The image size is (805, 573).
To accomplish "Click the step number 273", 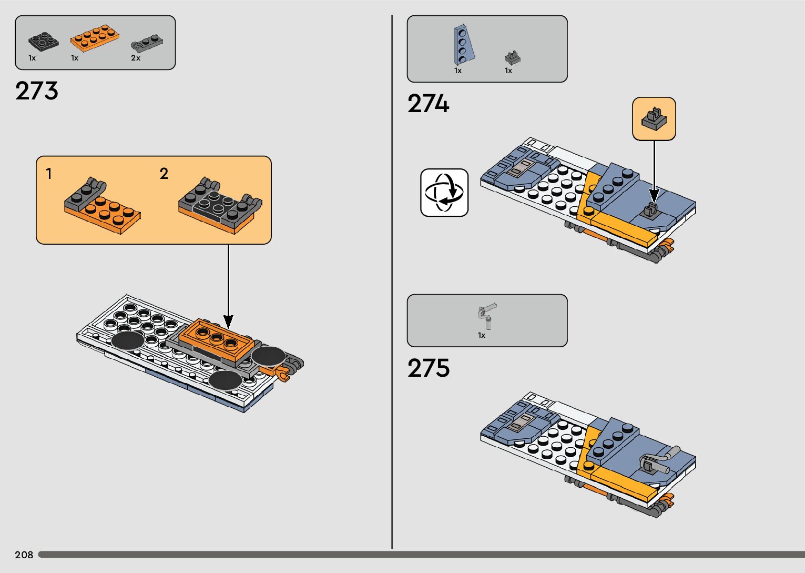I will point(37,91).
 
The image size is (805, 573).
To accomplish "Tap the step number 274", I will point(429,104).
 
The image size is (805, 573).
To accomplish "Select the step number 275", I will point(429,368).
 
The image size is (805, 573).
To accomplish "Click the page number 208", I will point(24,555).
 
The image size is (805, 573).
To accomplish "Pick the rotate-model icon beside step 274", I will point(444,193).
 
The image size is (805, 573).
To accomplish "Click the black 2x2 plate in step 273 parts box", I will point(43,42).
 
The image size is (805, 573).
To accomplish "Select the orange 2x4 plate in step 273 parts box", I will point(95,38).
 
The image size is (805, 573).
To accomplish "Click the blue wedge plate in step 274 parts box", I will point(464,45).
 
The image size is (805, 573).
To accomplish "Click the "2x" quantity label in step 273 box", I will point(136,58).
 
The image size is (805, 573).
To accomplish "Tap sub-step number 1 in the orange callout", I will point(49,174).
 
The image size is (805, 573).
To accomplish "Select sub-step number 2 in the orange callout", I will point(164,174).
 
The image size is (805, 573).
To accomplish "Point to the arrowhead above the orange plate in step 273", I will point(228,321).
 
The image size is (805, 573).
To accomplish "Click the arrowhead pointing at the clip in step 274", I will point(654,196).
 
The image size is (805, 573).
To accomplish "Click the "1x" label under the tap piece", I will point(482,335).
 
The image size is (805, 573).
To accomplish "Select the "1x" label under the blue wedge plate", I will point(458,71).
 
